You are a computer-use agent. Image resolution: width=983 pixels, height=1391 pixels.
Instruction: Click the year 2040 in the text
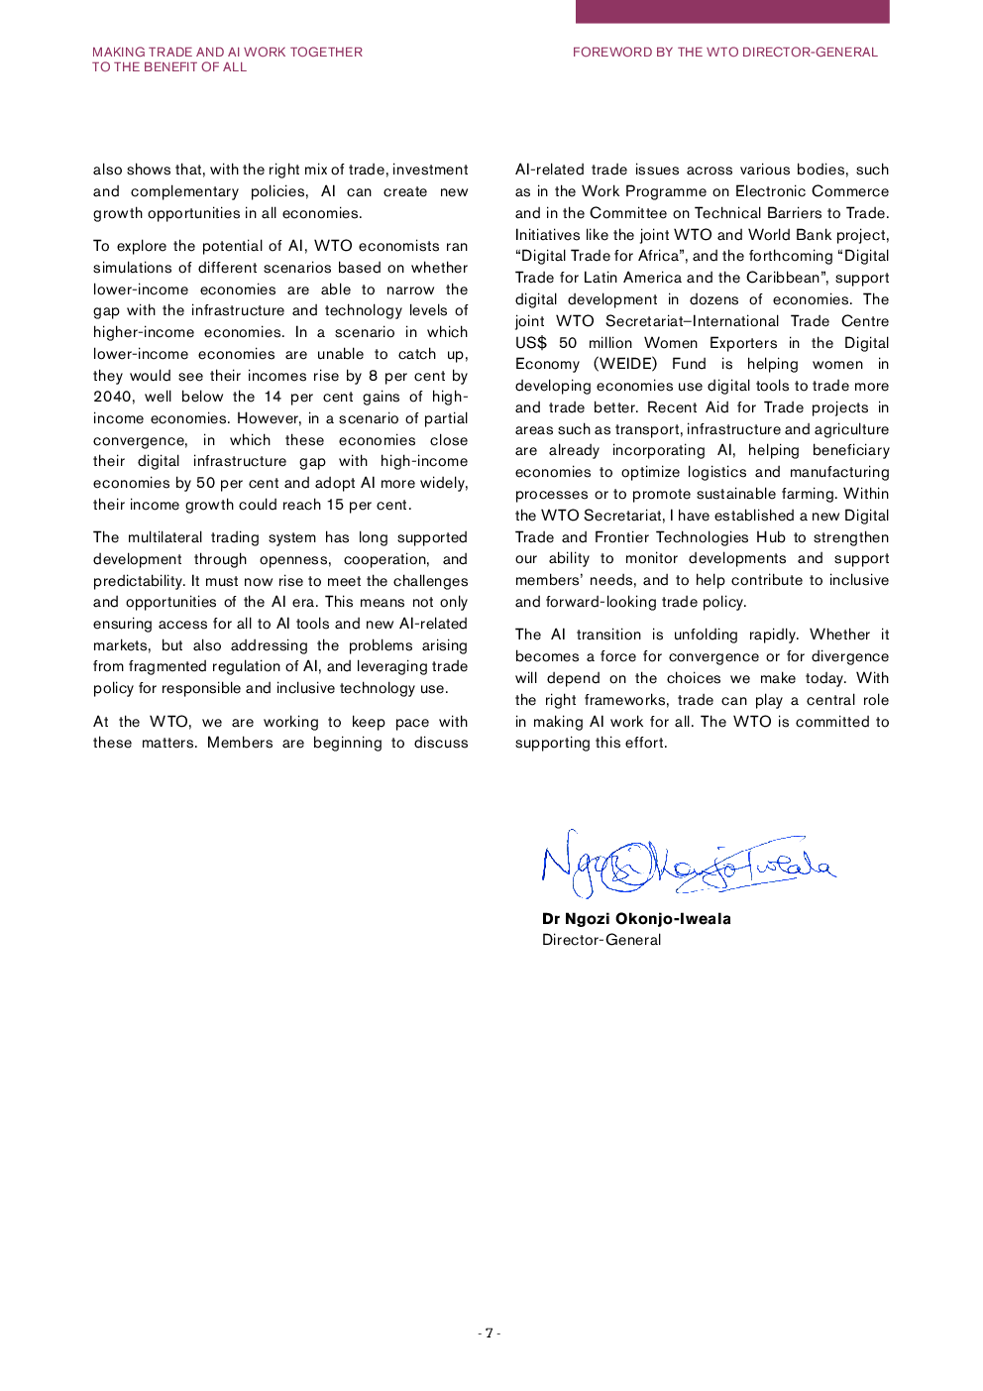pos(113,397)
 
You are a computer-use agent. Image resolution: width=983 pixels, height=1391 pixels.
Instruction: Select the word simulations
pos(133,268)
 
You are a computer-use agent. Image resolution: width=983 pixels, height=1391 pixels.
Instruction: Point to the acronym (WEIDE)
pos(624,364)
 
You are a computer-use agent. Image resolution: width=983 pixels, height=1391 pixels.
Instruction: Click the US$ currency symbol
pos(531,343)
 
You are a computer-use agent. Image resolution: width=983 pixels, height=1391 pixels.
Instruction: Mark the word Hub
pos(770,537)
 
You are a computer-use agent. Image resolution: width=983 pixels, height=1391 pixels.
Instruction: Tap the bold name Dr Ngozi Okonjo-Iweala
pos(636,919)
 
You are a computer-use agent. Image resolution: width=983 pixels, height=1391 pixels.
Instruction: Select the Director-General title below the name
pos(601,940)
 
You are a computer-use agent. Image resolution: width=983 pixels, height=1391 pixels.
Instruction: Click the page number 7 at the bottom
pos(489,1333)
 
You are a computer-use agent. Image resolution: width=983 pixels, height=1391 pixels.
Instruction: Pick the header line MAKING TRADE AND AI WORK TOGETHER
pos(227,53)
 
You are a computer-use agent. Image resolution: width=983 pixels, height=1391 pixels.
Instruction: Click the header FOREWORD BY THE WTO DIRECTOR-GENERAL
pos(724,53)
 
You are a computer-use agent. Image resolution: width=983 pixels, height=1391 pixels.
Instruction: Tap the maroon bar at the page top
pos(732,11)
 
